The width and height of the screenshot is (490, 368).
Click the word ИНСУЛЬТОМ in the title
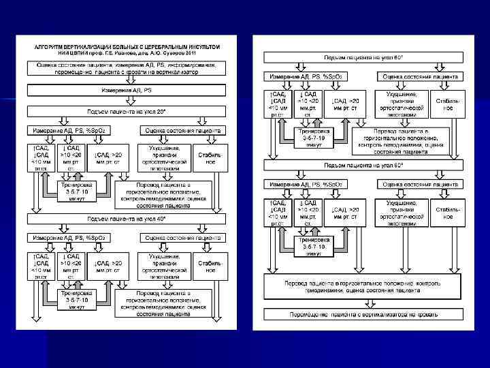coord(200,46)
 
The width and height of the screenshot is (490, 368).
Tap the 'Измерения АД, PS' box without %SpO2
coord(126,90)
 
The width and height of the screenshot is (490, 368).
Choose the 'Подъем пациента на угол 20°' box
coord(126,110)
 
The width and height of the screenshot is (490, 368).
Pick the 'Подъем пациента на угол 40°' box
coord(126,219)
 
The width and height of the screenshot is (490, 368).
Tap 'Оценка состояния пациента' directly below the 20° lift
coord(182,129)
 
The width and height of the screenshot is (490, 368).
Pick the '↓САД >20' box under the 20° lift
coord(109,158)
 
